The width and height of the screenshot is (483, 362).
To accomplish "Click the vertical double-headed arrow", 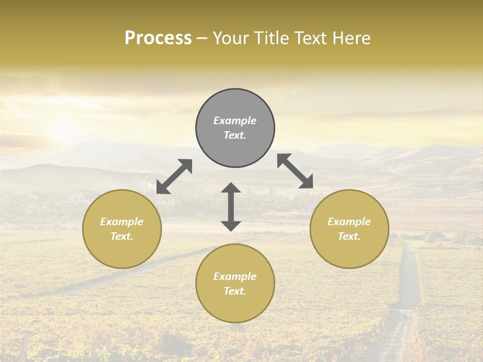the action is [x=231, y=207].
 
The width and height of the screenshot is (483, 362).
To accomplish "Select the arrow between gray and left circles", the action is [x=174, y=176].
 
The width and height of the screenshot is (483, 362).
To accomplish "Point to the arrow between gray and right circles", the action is [x=295, y=171].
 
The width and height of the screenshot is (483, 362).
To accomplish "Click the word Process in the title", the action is [x=158, y=38].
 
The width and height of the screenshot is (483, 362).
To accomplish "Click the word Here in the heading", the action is [x=351, y=38].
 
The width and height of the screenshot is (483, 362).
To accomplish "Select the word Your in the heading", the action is [x=229, y=38].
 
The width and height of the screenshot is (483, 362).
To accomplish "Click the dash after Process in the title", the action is [x=202, y=38].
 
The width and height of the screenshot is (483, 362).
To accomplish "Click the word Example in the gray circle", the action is [x=235, y=121].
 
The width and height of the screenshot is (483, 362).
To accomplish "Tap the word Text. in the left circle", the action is [x=122, y=236].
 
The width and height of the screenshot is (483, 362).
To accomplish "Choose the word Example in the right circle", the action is [x=349, y=222].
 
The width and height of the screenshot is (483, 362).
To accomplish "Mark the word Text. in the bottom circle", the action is [x=235, y=291].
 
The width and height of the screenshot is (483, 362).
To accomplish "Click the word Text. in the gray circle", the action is [x=235, y=135].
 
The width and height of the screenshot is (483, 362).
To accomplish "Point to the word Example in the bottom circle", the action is [x=235, y=277].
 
